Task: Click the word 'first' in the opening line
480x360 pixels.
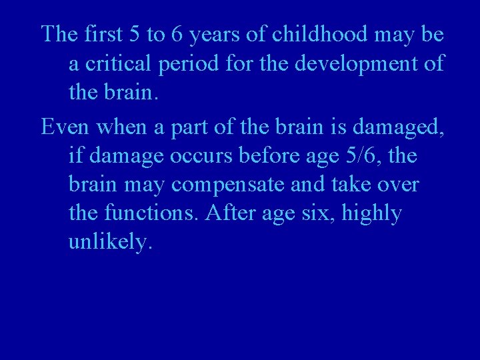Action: pos(101,34)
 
